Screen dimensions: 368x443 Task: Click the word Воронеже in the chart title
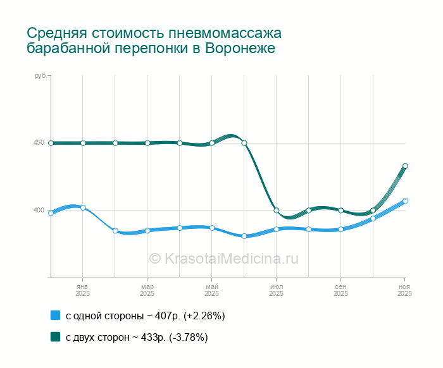tap(240, 49)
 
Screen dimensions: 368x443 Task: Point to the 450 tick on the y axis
tap(39, 143)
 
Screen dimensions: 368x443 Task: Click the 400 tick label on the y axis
tap(39, 210)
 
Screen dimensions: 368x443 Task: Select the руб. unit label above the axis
tap(41, 76)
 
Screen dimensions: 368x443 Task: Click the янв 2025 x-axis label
tap(82, 290)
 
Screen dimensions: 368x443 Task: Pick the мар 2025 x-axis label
tap(147, 290)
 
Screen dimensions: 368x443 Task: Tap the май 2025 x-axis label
tap(211, 290)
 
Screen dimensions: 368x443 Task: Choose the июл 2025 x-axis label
tap(277, 290)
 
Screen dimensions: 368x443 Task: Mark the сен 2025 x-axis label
tap(340, 290)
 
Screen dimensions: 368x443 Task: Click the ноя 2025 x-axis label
tap(404, 290)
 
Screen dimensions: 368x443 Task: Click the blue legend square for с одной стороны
tap(55, 316)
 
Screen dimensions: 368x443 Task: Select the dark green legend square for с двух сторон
tap(55, 337)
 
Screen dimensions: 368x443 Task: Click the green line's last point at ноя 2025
tap(405, 166)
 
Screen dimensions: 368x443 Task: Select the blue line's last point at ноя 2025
tap(405, 201)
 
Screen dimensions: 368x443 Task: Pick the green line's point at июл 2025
tap(277, 211)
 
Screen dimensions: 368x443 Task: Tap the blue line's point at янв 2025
tap(83, 207)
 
